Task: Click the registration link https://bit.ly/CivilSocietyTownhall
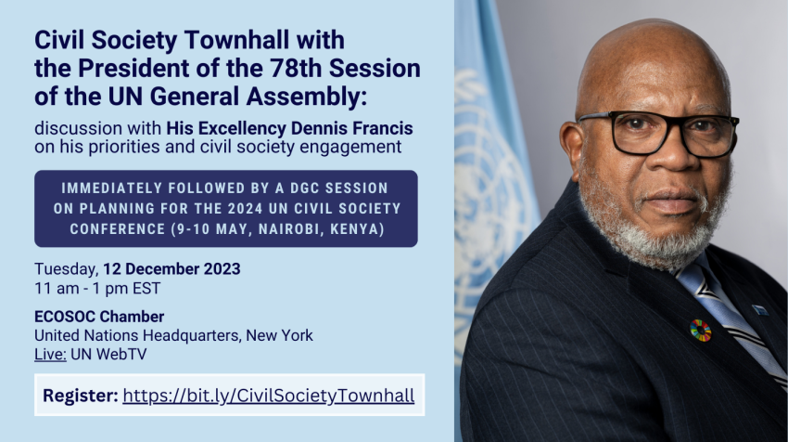tap(268, 396)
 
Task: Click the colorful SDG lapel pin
tap(700, 331)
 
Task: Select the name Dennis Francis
tap(351, 128)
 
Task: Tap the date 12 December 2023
tap(172, 269)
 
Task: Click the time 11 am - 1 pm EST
tap(97, 289)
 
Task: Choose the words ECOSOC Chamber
tap(99, 317)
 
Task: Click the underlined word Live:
tap(50, 355)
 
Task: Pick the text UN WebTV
tap(108, 355)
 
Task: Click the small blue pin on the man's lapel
tap(760, 309)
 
